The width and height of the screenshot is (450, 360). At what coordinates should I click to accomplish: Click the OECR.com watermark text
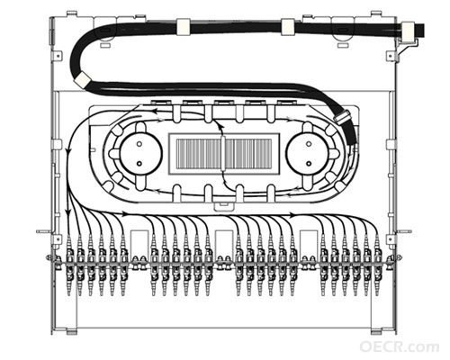400,346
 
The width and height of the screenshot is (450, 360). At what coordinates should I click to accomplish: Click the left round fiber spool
140,153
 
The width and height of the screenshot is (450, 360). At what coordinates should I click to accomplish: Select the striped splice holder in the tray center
224,154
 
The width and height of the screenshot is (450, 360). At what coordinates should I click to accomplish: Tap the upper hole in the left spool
139,144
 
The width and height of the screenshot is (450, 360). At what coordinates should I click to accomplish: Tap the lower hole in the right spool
309,164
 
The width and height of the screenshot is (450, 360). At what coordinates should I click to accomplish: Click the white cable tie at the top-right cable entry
408,31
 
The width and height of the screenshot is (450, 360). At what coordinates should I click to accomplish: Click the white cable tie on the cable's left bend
82,79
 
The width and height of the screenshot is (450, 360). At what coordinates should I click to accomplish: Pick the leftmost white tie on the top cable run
183,26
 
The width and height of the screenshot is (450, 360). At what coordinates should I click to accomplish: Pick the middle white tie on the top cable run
287,26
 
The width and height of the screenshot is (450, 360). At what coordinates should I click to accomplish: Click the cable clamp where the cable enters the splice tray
342,117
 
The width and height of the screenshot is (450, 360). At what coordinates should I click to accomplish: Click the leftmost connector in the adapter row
69,264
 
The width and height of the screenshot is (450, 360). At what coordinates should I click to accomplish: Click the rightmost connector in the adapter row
377,264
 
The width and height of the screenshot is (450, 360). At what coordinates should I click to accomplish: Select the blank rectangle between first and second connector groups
139,243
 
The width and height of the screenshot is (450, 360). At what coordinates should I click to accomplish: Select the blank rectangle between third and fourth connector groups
309,243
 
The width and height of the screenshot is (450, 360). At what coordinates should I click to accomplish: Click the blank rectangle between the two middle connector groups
224,243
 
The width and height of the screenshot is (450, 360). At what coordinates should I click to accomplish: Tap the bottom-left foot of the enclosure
71,332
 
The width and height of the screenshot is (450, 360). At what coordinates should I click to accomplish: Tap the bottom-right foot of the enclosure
376,332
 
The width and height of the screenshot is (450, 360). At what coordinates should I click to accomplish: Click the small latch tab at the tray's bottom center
224,206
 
